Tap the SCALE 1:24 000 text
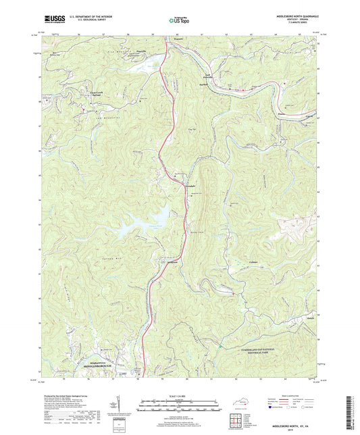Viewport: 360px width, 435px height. tap(180, 396)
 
